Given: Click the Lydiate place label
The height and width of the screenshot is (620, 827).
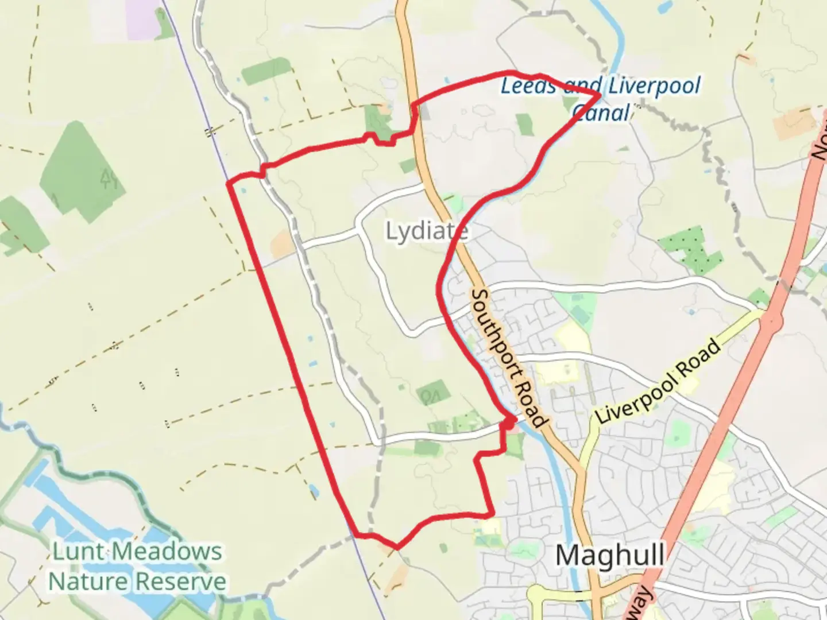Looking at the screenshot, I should point(426,231).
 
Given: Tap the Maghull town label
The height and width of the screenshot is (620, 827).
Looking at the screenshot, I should point(610,555).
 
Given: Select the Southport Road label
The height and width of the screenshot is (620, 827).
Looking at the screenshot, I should point(507,358).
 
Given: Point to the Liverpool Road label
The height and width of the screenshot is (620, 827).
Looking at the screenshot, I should point(658,382).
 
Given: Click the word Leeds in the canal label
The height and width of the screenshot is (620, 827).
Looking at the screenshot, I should point(528,86).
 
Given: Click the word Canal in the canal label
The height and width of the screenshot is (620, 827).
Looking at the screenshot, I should point(601,112).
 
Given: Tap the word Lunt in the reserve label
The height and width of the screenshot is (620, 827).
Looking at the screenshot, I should point(78,552).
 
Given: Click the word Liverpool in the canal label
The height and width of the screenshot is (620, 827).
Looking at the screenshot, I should point(654,86).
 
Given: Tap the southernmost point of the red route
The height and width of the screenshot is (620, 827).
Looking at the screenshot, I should point(396,547).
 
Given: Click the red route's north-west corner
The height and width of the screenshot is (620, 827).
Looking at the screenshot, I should point(229,184).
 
